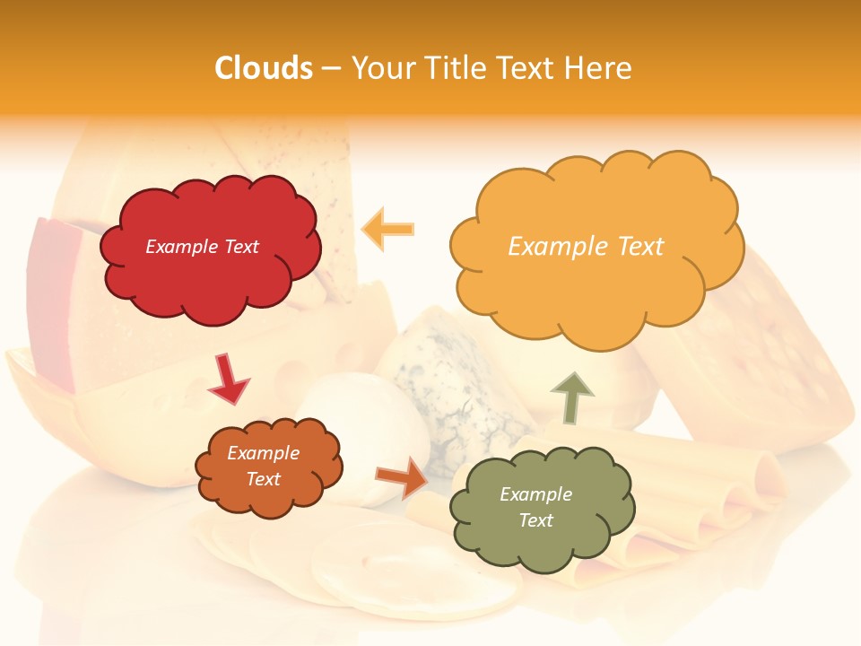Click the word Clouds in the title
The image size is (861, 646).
point(264,68)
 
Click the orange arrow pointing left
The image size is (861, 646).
point(388,229)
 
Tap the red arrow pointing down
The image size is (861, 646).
point(229,379)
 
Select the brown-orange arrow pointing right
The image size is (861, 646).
point(401,477)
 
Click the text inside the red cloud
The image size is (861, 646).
point(202,247)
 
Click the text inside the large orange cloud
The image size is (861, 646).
point(586,247)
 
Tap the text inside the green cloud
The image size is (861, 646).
point(535,507)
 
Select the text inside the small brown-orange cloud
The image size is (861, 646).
point(263,466)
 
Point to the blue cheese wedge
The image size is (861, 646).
point(448,386)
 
